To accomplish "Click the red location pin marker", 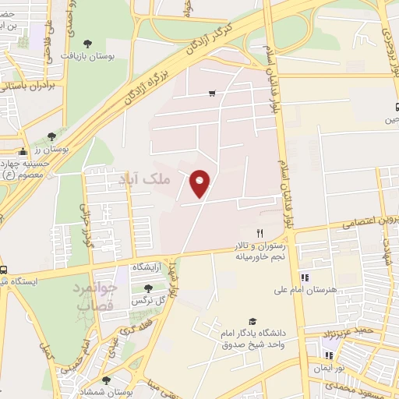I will click(200, 184).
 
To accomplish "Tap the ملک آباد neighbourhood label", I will click(143, 179).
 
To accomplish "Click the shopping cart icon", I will click(212, 94).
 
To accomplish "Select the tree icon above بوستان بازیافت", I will click(86, 44).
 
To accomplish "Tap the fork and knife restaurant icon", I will click(261, 233).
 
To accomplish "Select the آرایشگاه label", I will click(147, 267).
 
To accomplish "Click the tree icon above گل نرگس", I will click(147, 288).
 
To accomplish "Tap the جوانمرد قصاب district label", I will click(97, 295).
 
